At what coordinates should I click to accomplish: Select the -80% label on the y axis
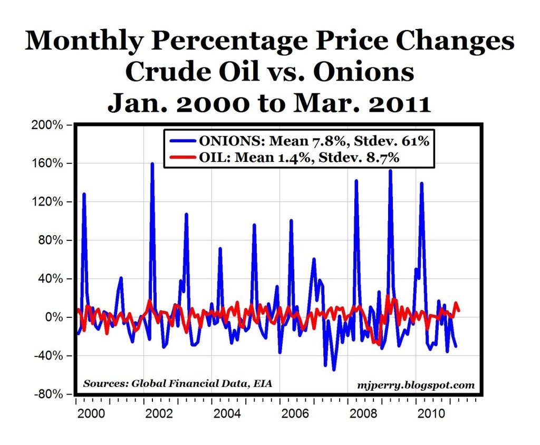51,394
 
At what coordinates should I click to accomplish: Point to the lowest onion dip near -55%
334,370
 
